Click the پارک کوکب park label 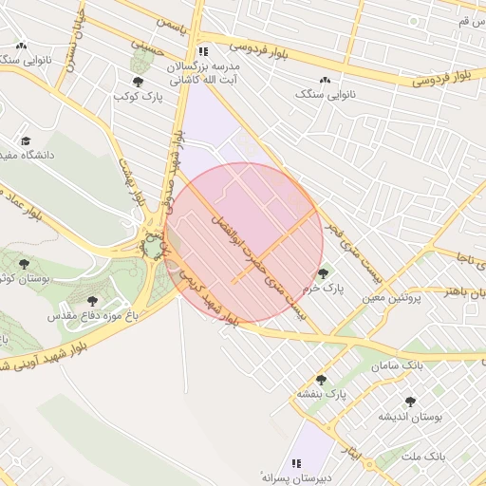pos(140,97)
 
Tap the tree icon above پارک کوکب pos(140,82)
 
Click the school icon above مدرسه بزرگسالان pos(202,52)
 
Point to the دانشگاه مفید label pos(28,154)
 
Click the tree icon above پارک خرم pos(323,272)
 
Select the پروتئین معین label pos(389,299)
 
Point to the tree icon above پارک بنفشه pos(321,380)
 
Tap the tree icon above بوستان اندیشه pos(410,402)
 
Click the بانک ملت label pos(422,457)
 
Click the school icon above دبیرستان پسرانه pos(297,463)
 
